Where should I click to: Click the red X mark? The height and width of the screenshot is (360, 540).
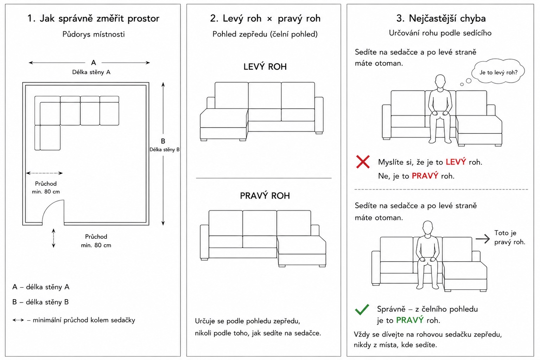pos(363,162)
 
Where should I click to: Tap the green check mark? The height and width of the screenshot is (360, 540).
pos(362,309)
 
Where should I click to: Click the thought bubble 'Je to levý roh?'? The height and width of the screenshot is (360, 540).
pos(498,71)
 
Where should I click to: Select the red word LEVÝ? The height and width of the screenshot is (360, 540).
pos(456,162)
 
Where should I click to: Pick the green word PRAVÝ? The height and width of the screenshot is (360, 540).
pos(410,320)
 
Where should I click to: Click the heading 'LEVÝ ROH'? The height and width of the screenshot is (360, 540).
pos(265,67)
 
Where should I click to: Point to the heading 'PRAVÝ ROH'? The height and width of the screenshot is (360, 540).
pos(265,196)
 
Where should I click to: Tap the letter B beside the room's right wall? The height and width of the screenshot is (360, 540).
pos(163,141)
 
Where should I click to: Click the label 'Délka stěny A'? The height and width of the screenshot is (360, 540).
pos(91,72)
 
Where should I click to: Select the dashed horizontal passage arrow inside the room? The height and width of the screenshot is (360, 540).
pos(44,173)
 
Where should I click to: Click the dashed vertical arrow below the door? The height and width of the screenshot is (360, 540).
pos(53,238)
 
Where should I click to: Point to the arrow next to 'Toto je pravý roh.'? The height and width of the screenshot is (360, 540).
pos(483,239)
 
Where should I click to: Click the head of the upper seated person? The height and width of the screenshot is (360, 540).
pos(440,82)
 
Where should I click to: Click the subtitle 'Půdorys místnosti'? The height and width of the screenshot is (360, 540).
pos(94,34)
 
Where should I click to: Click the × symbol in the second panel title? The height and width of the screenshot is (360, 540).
pos(269,19)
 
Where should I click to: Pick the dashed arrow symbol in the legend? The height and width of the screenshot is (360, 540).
pos(18,320)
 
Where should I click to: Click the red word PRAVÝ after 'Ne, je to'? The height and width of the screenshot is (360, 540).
pos(425,176)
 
